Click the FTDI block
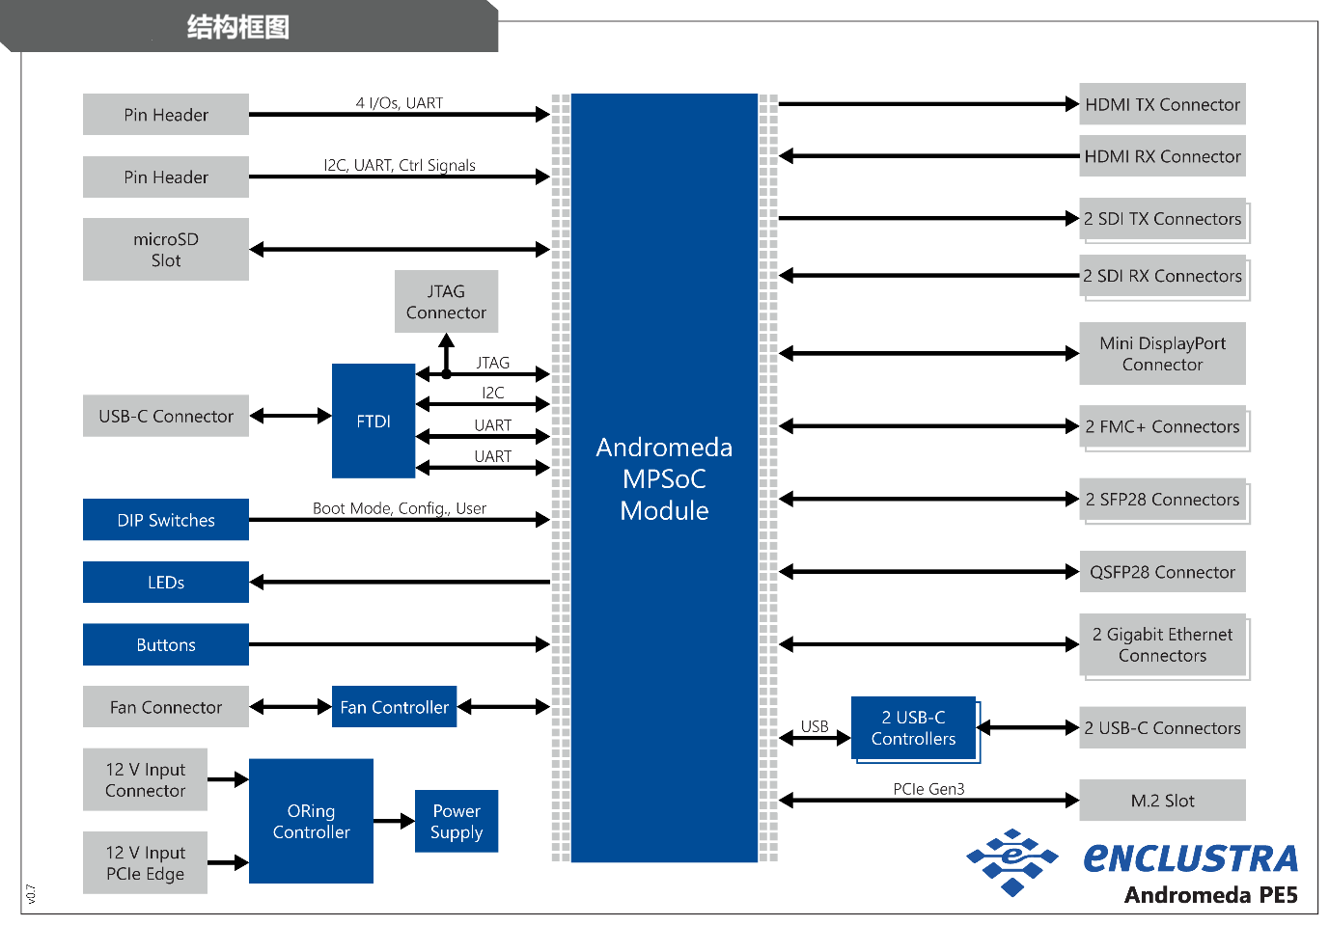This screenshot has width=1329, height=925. (x=374, y=421)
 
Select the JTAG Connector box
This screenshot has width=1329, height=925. (x=446, y=301)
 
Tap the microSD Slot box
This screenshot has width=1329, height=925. (x=166, y=249)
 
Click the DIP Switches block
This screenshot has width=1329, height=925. (x=166, y=520)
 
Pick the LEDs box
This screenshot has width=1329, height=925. (x=166, y=583)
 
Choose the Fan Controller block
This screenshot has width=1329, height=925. (x=394, y=707)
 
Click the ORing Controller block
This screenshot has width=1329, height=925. (x=311, y=821)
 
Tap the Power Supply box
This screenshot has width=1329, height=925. (x=457, y=821)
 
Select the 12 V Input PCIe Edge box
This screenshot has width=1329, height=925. (x=145, y=862)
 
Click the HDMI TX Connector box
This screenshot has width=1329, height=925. (x=1162, y=104)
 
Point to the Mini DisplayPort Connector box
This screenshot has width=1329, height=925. (x=1162, y=354)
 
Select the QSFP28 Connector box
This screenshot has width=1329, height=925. (x=1162, y=572)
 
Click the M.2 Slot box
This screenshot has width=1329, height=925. (x=1162, y=801)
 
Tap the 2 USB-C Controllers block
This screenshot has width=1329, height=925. (x=913, y=728)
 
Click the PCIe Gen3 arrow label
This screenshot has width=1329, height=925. (x=928, y=788)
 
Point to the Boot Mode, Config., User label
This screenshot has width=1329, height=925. (x=400, y=508)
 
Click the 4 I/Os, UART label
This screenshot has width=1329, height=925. (x=400, y=103)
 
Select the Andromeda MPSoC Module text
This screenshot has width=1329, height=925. (x=664, y=478)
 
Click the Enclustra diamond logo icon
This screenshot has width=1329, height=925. (x=1012, y=861)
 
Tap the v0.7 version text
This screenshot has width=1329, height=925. (x=31, y=894)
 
